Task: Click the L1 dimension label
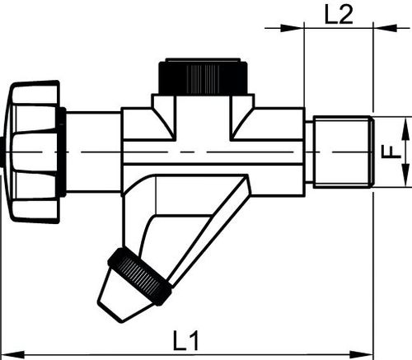tap(185, 341)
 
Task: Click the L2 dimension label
tap(339, 14)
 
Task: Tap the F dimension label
tap(391, 152)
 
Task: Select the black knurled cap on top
tap(204, 77)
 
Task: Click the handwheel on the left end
tap(34, 152)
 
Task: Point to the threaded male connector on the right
tap(344, 152)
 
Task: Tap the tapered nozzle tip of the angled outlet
tap(122, 297)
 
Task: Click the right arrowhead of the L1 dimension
tap(362, 354)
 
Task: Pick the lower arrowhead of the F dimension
tap(405, 175)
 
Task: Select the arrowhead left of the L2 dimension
tap(292, 28)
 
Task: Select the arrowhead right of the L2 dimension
tap(386, 28)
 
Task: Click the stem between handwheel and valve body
tap(93, 152)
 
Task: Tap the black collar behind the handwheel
tap(61, 152)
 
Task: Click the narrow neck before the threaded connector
tap(309, 152)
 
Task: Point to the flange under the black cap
tap(204, 101)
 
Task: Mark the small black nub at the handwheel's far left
tap(2, 152)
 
